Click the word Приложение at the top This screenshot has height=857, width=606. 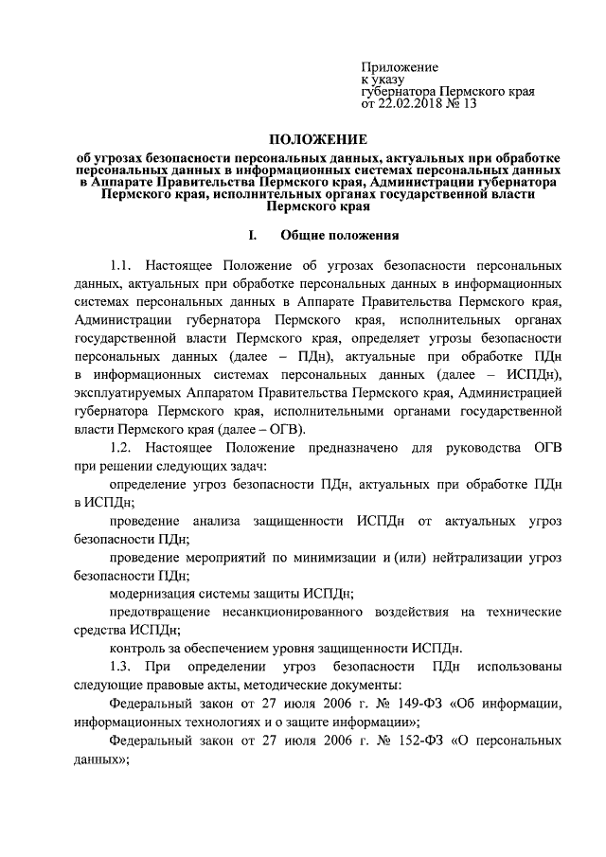coord(399,67)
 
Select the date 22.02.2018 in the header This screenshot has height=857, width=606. coord(413,104)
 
